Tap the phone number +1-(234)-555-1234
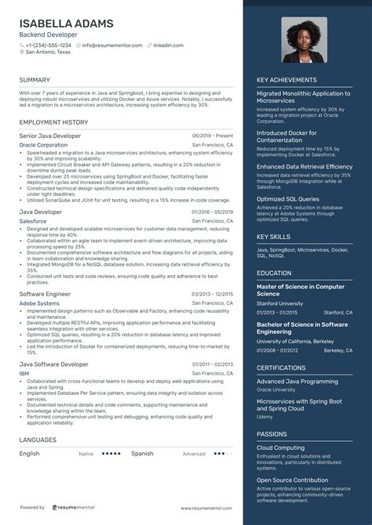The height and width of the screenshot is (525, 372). tap(51, 45)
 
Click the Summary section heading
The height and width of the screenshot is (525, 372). tap(35, 80)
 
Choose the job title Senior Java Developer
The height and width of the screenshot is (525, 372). tap(50, 136)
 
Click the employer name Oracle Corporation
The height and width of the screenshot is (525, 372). tap(43, 145)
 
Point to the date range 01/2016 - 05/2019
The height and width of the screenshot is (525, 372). tap(212, 212)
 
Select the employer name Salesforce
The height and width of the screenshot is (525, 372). tap(34, 221)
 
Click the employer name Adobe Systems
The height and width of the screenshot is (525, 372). tap(39, 302)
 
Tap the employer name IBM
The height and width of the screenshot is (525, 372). tap(24, 374)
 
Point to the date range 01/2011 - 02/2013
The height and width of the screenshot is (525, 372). tap(212, 364)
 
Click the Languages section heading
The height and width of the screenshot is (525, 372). tap(38, 441)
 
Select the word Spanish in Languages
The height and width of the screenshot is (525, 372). tap(142, 453)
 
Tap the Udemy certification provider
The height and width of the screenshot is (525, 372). tap(264, 416)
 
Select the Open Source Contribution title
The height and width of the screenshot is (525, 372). tap(293, 480)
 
